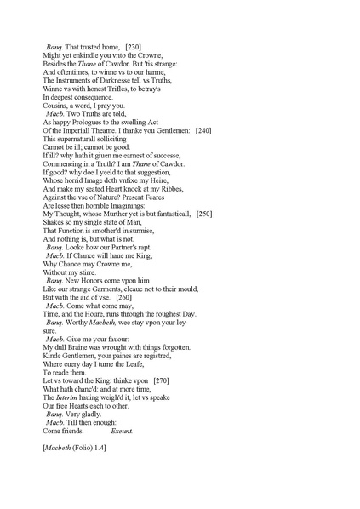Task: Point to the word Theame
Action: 112,130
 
